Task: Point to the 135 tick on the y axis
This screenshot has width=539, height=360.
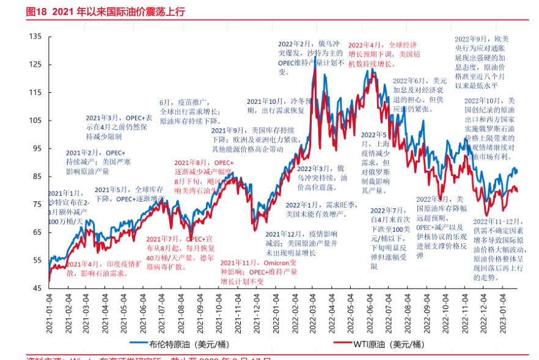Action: click(35, 37)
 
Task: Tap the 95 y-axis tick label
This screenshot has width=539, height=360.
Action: click(37, 149)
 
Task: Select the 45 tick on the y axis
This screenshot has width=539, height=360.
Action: click(37, 288)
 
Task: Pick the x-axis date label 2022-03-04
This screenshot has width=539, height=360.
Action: click(313, 314)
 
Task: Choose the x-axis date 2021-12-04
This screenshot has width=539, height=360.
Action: click(257, 314)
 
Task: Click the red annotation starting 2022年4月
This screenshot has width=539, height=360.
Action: click(383, 54)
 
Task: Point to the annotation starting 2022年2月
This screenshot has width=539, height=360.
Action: click(308, 57)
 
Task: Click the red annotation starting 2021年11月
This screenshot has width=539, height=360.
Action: click(251, 272)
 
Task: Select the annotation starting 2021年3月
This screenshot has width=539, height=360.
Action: click(119, 127)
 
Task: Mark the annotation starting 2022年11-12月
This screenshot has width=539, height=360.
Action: click(498, 248)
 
